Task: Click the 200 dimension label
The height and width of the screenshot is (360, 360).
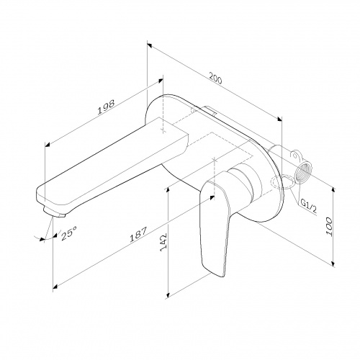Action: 215,78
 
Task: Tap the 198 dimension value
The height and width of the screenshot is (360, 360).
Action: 106,107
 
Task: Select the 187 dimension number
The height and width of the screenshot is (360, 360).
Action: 138,235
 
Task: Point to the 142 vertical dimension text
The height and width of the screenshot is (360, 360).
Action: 163,243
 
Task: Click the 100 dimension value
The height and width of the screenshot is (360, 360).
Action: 329,227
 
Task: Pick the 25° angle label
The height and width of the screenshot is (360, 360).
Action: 69,233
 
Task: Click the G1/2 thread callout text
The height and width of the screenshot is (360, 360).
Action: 309,207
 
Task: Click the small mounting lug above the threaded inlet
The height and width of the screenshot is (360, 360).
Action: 295,154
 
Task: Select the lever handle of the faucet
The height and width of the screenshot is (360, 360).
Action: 215,228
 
